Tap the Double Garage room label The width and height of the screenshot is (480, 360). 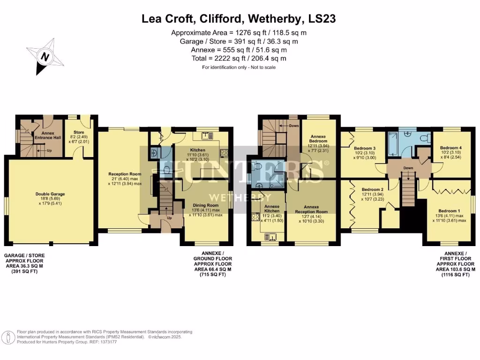pyautogui.click(x=50, y=193)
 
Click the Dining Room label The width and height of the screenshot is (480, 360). pyautogui.click(x=206, y=205)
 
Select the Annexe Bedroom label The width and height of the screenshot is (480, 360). pyautogui.click(x=318, y=140)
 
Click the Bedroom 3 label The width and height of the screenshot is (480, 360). pyautogui.click(x=365, y=148)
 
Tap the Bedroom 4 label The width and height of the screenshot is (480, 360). pyautogui.click(x=451, y=148)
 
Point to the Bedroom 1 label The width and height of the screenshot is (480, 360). pyautogui.click(x=449, y=211)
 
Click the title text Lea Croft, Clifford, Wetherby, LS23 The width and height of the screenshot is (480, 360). pyautogui.click(x=239, y=19)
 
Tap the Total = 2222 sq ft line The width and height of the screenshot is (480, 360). pyautogui.click(x=239, y=59)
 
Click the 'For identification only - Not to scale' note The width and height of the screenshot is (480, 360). pyautogui.click(x=239, y=67)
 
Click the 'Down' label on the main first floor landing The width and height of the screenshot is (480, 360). pyautogui.click(x=408, y=168)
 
